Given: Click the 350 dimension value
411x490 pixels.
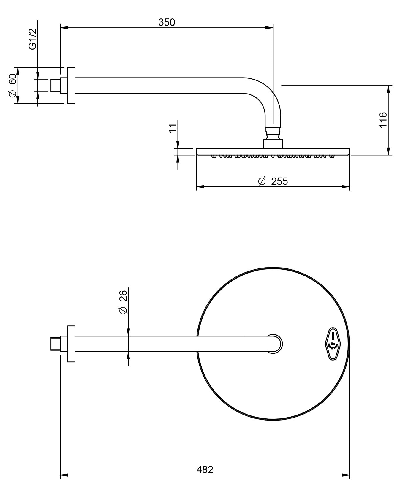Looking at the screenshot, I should click(167, 22).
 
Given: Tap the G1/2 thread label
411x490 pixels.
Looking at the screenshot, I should click(32, 39).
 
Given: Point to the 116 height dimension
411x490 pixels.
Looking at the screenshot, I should click(383, 120).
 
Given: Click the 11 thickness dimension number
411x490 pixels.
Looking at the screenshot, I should click(173, 128).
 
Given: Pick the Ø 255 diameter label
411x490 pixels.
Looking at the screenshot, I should click(273, 181).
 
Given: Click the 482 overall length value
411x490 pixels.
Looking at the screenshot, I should click(205, 470).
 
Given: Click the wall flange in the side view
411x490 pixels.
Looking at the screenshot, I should click(71, 86).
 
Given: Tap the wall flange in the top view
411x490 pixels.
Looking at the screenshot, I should click(71, 344).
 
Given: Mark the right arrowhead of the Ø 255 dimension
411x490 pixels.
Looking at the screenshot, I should click(346, 187).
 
